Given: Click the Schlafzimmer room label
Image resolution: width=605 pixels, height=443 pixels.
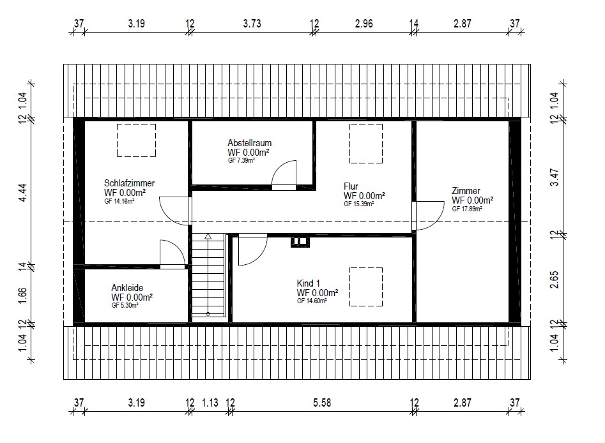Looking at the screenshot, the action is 129,183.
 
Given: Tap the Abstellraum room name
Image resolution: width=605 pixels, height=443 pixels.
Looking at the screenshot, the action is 249,142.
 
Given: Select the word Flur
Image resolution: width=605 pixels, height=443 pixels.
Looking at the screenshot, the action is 351,186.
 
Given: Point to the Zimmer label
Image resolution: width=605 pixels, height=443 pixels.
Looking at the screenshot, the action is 466,191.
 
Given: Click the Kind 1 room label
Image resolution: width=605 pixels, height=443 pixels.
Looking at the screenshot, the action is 308,283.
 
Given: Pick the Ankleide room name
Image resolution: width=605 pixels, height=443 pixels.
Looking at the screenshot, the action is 127,288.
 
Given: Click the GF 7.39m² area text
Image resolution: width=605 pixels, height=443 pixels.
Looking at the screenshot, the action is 241,160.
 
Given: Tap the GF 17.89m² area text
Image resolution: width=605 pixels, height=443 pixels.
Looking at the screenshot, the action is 467,209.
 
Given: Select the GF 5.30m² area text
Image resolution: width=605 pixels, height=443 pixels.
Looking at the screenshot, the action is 125,305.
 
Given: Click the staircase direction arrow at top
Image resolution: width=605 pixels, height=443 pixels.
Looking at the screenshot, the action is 208,236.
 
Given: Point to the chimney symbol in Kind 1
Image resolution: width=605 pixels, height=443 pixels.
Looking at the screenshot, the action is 300,242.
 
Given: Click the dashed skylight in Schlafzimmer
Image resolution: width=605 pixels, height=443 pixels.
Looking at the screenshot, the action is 137,124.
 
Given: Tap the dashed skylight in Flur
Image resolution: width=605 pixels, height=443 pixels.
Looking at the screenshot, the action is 366,124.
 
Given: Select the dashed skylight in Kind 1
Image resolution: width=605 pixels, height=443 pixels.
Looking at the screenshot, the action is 366,268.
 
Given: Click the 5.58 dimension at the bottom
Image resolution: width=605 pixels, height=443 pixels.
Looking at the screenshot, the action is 322,403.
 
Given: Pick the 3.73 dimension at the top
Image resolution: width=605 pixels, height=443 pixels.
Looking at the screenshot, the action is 252,24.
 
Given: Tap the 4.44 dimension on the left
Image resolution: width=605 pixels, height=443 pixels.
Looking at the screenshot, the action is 23,192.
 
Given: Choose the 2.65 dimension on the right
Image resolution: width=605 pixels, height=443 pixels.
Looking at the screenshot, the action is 554,280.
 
